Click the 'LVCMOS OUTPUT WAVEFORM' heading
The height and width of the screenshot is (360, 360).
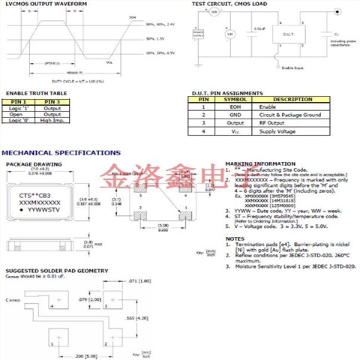click(x=46, y=4)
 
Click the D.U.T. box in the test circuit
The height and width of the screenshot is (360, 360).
click(x=288, y=34)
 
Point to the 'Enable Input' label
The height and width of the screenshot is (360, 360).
click(x=292, y=66)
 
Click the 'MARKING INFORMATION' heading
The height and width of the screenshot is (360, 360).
click(x=256, y=163)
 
